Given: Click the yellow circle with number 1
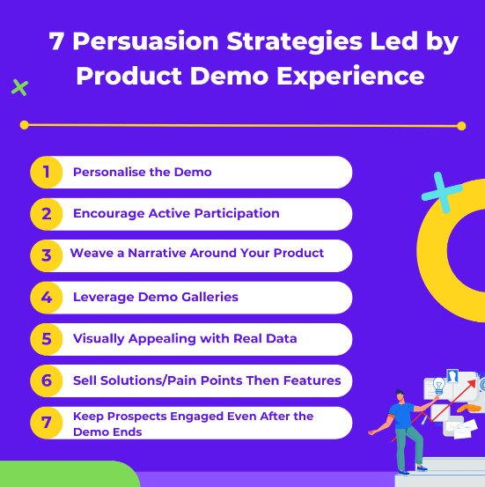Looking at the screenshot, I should pos(46,172).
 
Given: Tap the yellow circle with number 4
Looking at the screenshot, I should pos(46,298).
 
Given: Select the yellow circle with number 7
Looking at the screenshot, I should pos(46,423).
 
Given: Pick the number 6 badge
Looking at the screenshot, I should pos(46,381).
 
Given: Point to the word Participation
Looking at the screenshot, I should pos(239,213).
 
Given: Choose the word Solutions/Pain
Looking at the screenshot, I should pos(152,380).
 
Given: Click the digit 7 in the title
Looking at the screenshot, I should pos(57,42).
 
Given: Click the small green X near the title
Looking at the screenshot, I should pos(19,87).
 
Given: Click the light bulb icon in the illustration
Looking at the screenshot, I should pos(438,385).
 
